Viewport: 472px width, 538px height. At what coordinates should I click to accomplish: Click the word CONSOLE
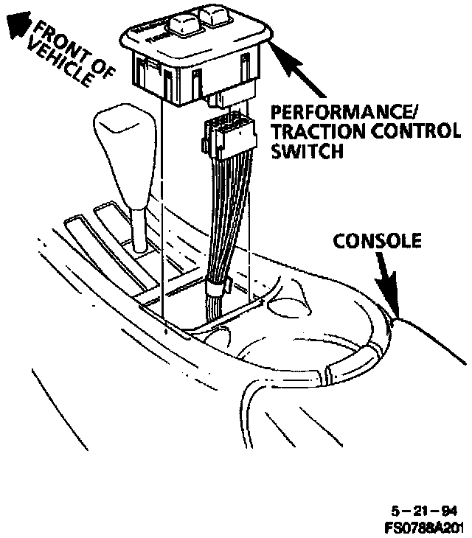click(378, 241)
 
